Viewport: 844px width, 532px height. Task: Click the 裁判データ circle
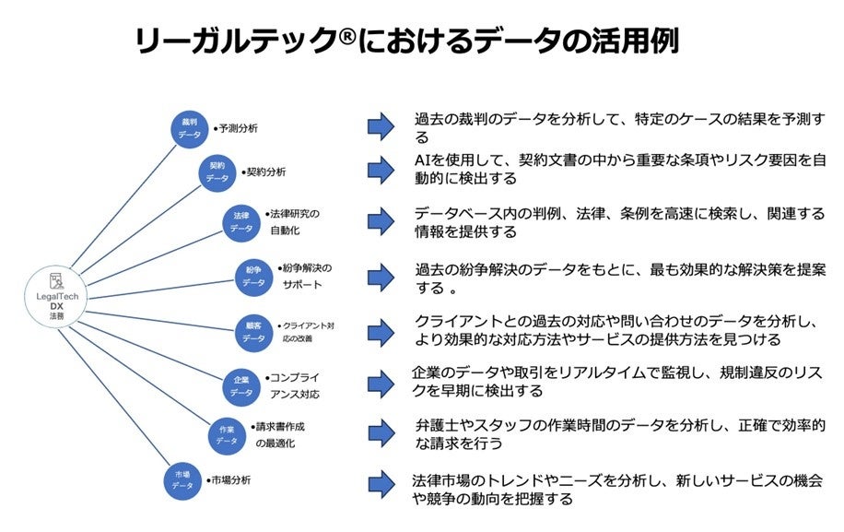190,128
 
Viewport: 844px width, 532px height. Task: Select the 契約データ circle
217,171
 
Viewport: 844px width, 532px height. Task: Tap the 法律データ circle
241,221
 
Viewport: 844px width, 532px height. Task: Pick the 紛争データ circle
254,276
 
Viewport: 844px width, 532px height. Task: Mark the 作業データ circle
227,433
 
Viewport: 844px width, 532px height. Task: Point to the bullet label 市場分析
229,480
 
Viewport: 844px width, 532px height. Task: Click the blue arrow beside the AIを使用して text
380,169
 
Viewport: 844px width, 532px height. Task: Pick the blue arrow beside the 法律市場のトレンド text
380,483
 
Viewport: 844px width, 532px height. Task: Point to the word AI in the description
424,160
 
